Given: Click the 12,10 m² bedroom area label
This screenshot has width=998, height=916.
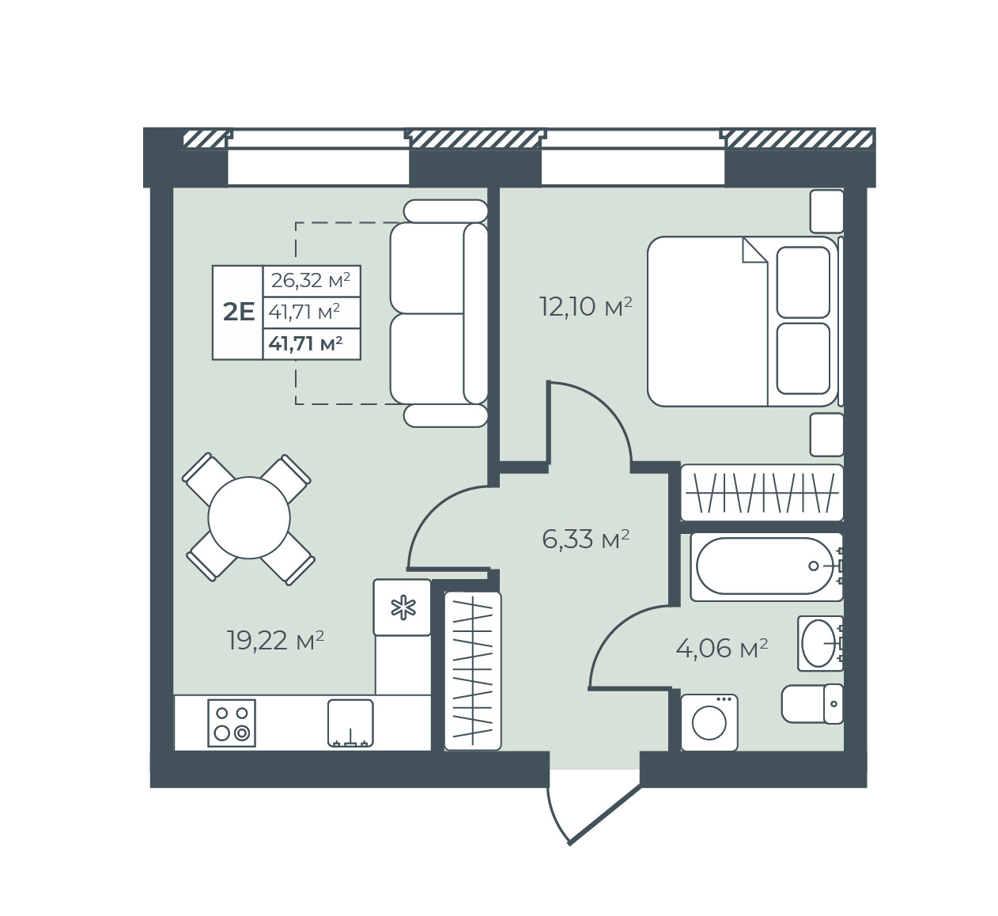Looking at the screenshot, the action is tap(585, 307).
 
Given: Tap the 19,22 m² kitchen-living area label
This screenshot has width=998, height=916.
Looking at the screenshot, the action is tap(276, 640).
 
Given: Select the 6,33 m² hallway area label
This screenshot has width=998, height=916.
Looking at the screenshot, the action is tap(585, 539).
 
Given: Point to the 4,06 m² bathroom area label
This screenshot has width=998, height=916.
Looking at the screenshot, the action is tap(722, 648).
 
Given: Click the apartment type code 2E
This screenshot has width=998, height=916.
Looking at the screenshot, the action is tap(239, 312).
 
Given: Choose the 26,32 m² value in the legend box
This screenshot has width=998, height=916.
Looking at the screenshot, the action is tap(311, 281).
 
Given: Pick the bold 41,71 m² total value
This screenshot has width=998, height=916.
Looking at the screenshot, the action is tap(305, 343).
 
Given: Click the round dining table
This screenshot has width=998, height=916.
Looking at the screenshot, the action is tap(249, 518).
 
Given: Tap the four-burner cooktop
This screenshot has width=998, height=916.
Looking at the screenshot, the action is tap(232, 723).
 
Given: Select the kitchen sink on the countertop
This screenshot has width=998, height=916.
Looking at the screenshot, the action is tap(350, 723).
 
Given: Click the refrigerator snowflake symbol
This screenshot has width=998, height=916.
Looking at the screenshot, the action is tap(403, 608).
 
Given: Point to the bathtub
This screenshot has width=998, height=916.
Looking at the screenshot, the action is tap(766, 567).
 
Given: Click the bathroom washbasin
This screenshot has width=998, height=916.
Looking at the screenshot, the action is tap(820, 644).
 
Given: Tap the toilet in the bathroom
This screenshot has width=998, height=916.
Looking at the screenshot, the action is tap(812, 703).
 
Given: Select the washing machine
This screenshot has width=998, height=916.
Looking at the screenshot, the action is tap(709, 722).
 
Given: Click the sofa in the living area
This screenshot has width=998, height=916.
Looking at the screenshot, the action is tap(438, 313).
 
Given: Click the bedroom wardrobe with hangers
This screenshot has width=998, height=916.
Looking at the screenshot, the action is tap(762, 493).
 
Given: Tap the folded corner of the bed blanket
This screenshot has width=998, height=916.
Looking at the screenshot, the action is tap(754, 251).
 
